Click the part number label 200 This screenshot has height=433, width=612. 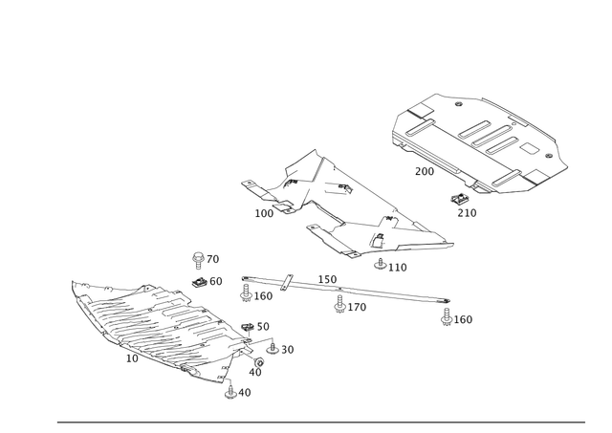425,171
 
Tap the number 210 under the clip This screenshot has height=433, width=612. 467,213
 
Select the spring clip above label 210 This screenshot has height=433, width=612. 460,200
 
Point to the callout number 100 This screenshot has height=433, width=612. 264,213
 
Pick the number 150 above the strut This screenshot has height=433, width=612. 327,279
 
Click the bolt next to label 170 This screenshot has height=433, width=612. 340,304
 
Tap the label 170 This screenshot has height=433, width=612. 357,308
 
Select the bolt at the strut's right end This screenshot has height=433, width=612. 447,316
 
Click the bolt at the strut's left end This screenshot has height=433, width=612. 246,292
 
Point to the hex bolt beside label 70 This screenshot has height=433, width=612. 199,260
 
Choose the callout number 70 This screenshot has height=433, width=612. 212,259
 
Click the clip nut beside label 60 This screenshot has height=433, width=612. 200,282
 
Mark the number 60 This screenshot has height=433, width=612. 216,281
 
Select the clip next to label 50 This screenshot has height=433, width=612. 248,327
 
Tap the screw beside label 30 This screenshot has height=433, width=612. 273,348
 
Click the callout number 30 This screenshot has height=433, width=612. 287,350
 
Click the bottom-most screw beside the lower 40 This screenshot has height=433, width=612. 230,393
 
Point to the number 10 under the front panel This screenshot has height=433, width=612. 132,358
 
